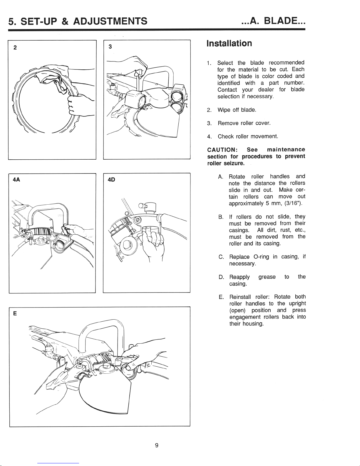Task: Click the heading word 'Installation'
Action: point(229,44)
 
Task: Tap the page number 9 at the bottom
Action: point(157,445)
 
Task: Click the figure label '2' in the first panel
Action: point(15,48)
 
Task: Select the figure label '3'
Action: point(110,46)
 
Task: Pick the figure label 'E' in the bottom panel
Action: point(14,313)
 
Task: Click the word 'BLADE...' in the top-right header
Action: point(285,21)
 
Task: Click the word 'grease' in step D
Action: point(267,277)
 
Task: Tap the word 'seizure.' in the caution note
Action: point(234,163)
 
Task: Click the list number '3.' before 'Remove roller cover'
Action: point(209,123)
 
